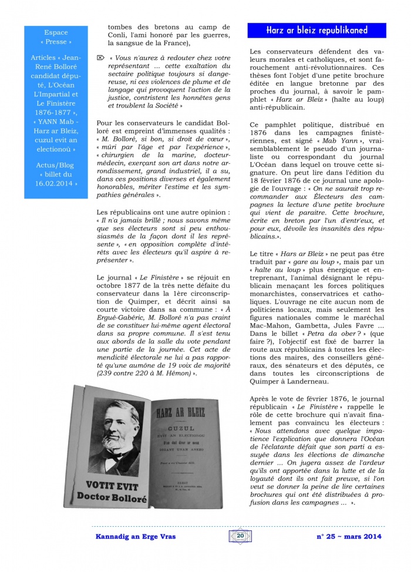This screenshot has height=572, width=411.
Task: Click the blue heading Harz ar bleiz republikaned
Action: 316,30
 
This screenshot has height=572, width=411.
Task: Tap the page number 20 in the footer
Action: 240,536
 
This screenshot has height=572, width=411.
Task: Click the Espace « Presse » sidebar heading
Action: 56,37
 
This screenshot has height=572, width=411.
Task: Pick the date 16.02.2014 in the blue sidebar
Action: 56,184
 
